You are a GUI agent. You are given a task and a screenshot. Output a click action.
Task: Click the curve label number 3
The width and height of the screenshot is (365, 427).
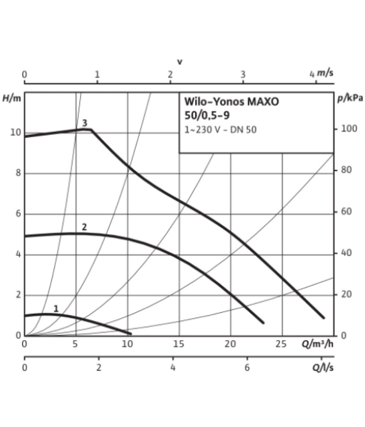(x=85, y=123)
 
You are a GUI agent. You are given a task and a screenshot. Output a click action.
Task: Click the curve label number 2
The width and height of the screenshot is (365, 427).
(x=85, y=227)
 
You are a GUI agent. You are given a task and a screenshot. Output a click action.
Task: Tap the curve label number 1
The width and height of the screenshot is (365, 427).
(x=56, y=309)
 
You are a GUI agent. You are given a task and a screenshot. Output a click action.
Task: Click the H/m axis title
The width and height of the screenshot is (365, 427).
(x=12, y=98)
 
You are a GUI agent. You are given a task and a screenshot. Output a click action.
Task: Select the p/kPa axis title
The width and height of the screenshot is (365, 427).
(x=350, y=98)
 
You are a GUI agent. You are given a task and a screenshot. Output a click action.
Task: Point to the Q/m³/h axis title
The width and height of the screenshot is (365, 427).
(x=317, y=344)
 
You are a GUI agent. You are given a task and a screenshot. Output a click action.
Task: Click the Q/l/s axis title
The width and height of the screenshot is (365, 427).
(x=323, y=368)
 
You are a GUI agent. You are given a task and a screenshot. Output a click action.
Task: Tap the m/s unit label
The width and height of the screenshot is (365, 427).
(x=325, y=73)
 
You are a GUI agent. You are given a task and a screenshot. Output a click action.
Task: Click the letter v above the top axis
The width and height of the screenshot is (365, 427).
(x=180, y=62)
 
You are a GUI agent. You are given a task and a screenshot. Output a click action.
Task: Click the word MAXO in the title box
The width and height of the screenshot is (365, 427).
(x=263, y=102)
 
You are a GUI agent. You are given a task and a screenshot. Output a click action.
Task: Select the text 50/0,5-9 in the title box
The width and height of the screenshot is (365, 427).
(x=207, y=115)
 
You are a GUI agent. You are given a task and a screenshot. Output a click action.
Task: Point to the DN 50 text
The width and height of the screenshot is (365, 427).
(x=244, y=130)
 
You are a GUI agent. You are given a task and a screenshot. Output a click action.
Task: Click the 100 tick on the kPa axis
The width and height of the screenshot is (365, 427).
(x=349, y=129)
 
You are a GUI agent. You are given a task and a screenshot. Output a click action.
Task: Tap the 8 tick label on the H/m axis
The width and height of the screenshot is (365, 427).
(x=18, y=173)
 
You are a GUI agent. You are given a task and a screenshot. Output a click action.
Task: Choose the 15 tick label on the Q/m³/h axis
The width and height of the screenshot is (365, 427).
(x=179, y=344)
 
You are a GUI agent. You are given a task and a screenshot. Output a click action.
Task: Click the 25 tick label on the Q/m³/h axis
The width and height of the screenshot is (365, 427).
(x=281, y=344)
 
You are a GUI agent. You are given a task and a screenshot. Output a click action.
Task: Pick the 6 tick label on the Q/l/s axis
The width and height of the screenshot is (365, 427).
(x=247, y=368)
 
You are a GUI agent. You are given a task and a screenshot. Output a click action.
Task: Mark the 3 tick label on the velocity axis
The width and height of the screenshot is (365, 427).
(x=243, y=74)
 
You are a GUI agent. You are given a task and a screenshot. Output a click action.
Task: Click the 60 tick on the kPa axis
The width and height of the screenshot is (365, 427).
(x=346, y=211)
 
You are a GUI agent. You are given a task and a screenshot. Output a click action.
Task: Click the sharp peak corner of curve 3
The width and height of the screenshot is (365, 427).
(x=91, y=129)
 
